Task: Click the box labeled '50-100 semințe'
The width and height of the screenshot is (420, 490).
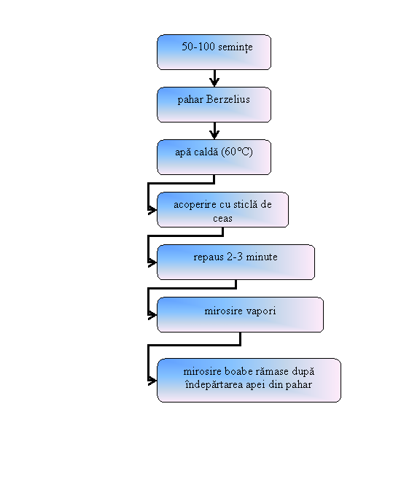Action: pos(214,52)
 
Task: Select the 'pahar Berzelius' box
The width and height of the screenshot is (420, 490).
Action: pos(214,105)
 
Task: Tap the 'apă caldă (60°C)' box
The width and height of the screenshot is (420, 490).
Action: pos(214,157)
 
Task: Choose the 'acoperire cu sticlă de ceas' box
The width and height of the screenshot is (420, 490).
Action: pos(223,210)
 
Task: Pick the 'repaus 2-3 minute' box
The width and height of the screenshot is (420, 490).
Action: pos(236,262)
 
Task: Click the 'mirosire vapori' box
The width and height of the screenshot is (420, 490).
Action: pos(241,315)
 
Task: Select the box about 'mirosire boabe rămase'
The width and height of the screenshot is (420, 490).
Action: pos(249,381)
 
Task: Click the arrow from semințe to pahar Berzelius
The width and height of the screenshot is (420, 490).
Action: pos(214,78)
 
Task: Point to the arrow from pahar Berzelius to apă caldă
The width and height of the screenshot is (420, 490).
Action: pos(214,131)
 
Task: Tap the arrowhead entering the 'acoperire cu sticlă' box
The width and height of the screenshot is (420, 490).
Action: pos(152,210)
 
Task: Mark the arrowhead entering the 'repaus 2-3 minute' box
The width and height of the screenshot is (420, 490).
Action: pos(152,262)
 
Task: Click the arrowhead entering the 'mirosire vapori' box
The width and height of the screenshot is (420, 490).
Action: pos(152,315)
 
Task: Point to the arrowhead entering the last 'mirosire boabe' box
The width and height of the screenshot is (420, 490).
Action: pos(152,381)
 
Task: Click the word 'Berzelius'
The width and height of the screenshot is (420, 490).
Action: pos(228,99)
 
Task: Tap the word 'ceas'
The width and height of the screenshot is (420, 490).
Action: pos(222,218)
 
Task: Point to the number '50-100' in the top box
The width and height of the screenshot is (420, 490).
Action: pos(198,47)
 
